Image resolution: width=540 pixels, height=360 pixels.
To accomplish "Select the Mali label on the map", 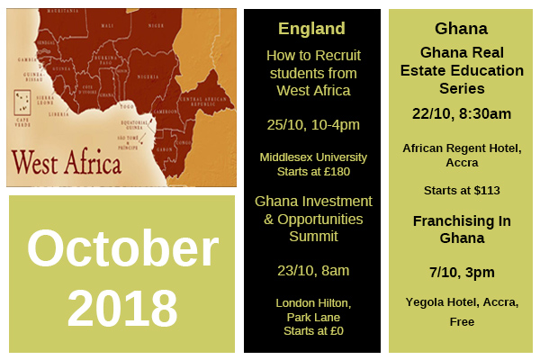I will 108,25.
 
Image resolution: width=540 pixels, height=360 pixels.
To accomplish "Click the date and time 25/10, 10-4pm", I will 299,123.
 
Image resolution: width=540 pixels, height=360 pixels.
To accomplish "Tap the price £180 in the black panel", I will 330,171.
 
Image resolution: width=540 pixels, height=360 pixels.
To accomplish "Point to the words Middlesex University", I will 299,156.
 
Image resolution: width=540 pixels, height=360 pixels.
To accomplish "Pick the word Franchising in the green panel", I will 447,220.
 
